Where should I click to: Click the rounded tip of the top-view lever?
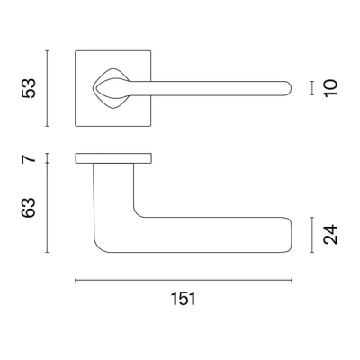[x=287, y=88]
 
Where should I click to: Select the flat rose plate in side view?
[x=113, y=159]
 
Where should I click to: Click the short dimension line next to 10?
[x=310, y=88]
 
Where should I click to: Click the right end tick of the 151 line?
[x=291, y=281]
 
